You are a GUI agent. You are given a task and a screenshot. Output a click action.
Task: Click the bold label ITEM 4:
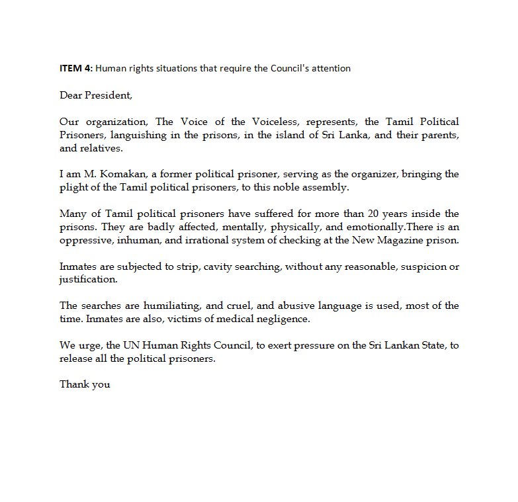tap(76, 68)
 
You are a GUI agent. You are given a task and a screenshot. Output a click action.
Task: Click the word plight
tap(72, 188)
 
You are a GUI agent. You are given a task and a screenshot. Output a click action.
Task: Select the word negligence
tap(286, 319)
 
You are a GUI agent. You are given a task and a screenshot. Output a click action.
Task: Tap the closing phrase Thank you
tap(85, 384)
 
